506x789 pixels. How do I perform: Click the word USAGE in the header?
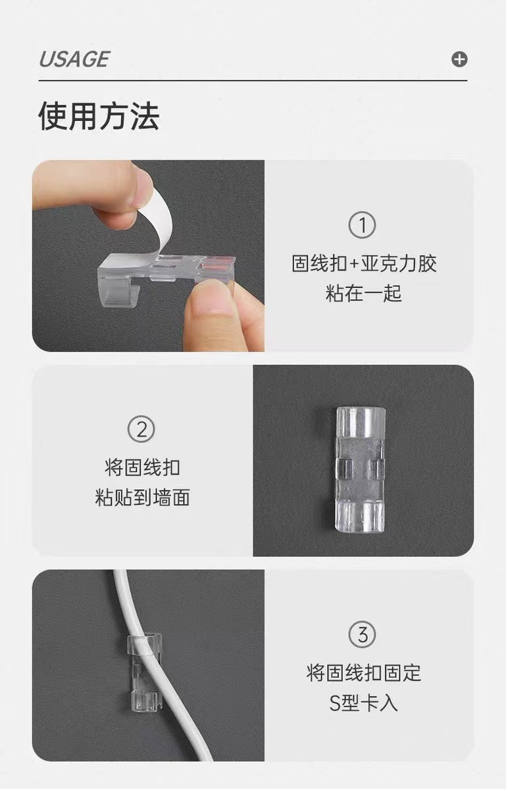pos(74,59)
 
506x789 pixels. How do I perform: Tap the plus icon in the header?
pos(459,59)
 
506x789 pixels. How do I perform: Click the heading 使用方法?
pos(99,116)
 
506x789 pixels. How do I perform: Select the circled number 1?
pos(363,226)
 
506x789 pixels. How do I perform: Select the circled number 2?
pos(141,430)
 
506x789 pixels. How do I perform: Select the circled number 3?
pos(363,635)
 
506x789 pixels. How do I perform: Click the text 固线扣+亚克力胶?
pos(364,264)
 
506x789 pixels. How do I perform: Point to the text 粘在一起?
pos(363,293)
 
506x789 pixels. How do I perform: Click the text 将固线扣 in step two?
pos(142,468)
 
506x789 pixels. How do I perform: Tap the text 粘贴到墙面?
pos(142,498)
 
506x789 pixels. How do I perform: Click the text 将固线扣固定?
pos(363,673)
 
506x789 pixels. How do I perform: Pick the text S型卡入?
pos(363,703)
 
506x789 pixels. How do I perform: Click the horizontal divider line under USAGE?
pos(253,81)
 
